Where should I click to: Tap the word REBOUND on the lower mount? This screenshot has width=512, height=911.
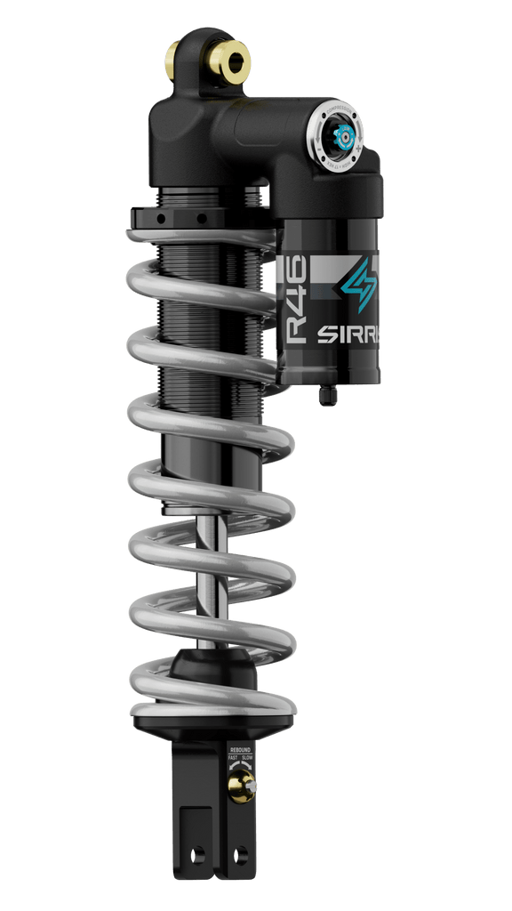[x=241, y=749]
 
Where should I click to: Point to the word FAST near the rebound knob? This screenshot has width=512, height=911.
[x=233, y=758]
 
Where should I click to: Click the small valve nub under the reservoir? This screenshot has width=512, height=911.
[x=328, y=394]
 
